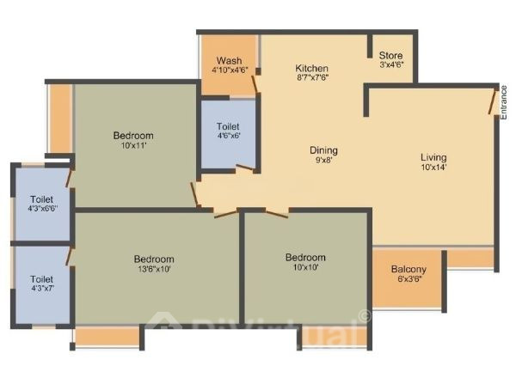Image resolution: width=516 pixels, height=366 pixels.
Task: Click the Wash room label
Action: pos(229,61)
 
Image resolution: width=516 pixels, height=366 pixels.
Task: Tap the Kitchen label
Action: pos(311,68)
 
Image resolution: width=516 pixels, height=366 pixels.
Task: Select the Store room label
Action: pos(390,55)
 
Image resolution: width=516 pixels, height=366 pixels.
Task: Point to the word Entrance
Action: pos(503,102)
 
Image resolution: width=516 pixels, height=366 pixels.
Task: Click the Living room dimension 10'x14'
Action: pos(433,167)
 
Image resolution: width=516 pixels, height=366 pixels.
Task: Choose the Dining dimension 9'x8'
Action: pos(324,160)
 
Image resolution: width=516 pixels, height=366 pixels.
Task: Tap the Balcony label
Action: pos(408,269)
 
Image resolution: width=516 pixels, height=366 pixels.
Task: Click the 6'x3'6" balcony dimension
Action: pos(409,279)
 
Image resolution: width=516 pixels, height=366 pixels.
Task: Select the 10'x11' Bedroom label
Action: pos(133,136)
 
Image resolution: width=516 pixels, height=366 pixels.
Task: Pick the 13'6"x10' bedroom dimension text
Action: pos(154,269)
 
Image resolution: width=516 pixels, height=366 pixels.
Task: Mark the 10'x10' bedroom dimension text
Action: pos(305,267)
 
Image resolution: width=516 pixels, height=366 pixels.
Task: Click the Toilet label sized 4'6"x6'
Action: pos(228,126)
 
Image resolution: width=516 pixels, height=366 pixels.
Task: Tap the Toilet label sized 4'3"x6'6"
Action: pos(42,199)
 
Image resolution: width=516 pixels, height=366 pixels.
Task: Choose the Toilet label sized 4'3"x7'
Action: pos(42,279)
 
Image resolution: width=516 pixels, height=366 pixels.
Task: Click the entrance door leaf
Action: pos(493,101)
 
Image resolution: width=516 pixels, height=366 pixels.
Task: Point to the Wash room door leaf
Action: pos(255,84)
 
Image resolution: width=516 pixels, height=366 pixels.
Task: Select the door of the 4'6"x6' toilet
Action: pos(245,168)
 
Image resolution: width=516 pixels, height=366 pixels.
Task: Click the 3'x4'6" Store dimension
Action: pos(391,64)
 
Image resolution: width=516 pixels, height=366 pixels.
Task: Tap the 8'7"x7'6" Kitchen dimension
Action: pos(312,77)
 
